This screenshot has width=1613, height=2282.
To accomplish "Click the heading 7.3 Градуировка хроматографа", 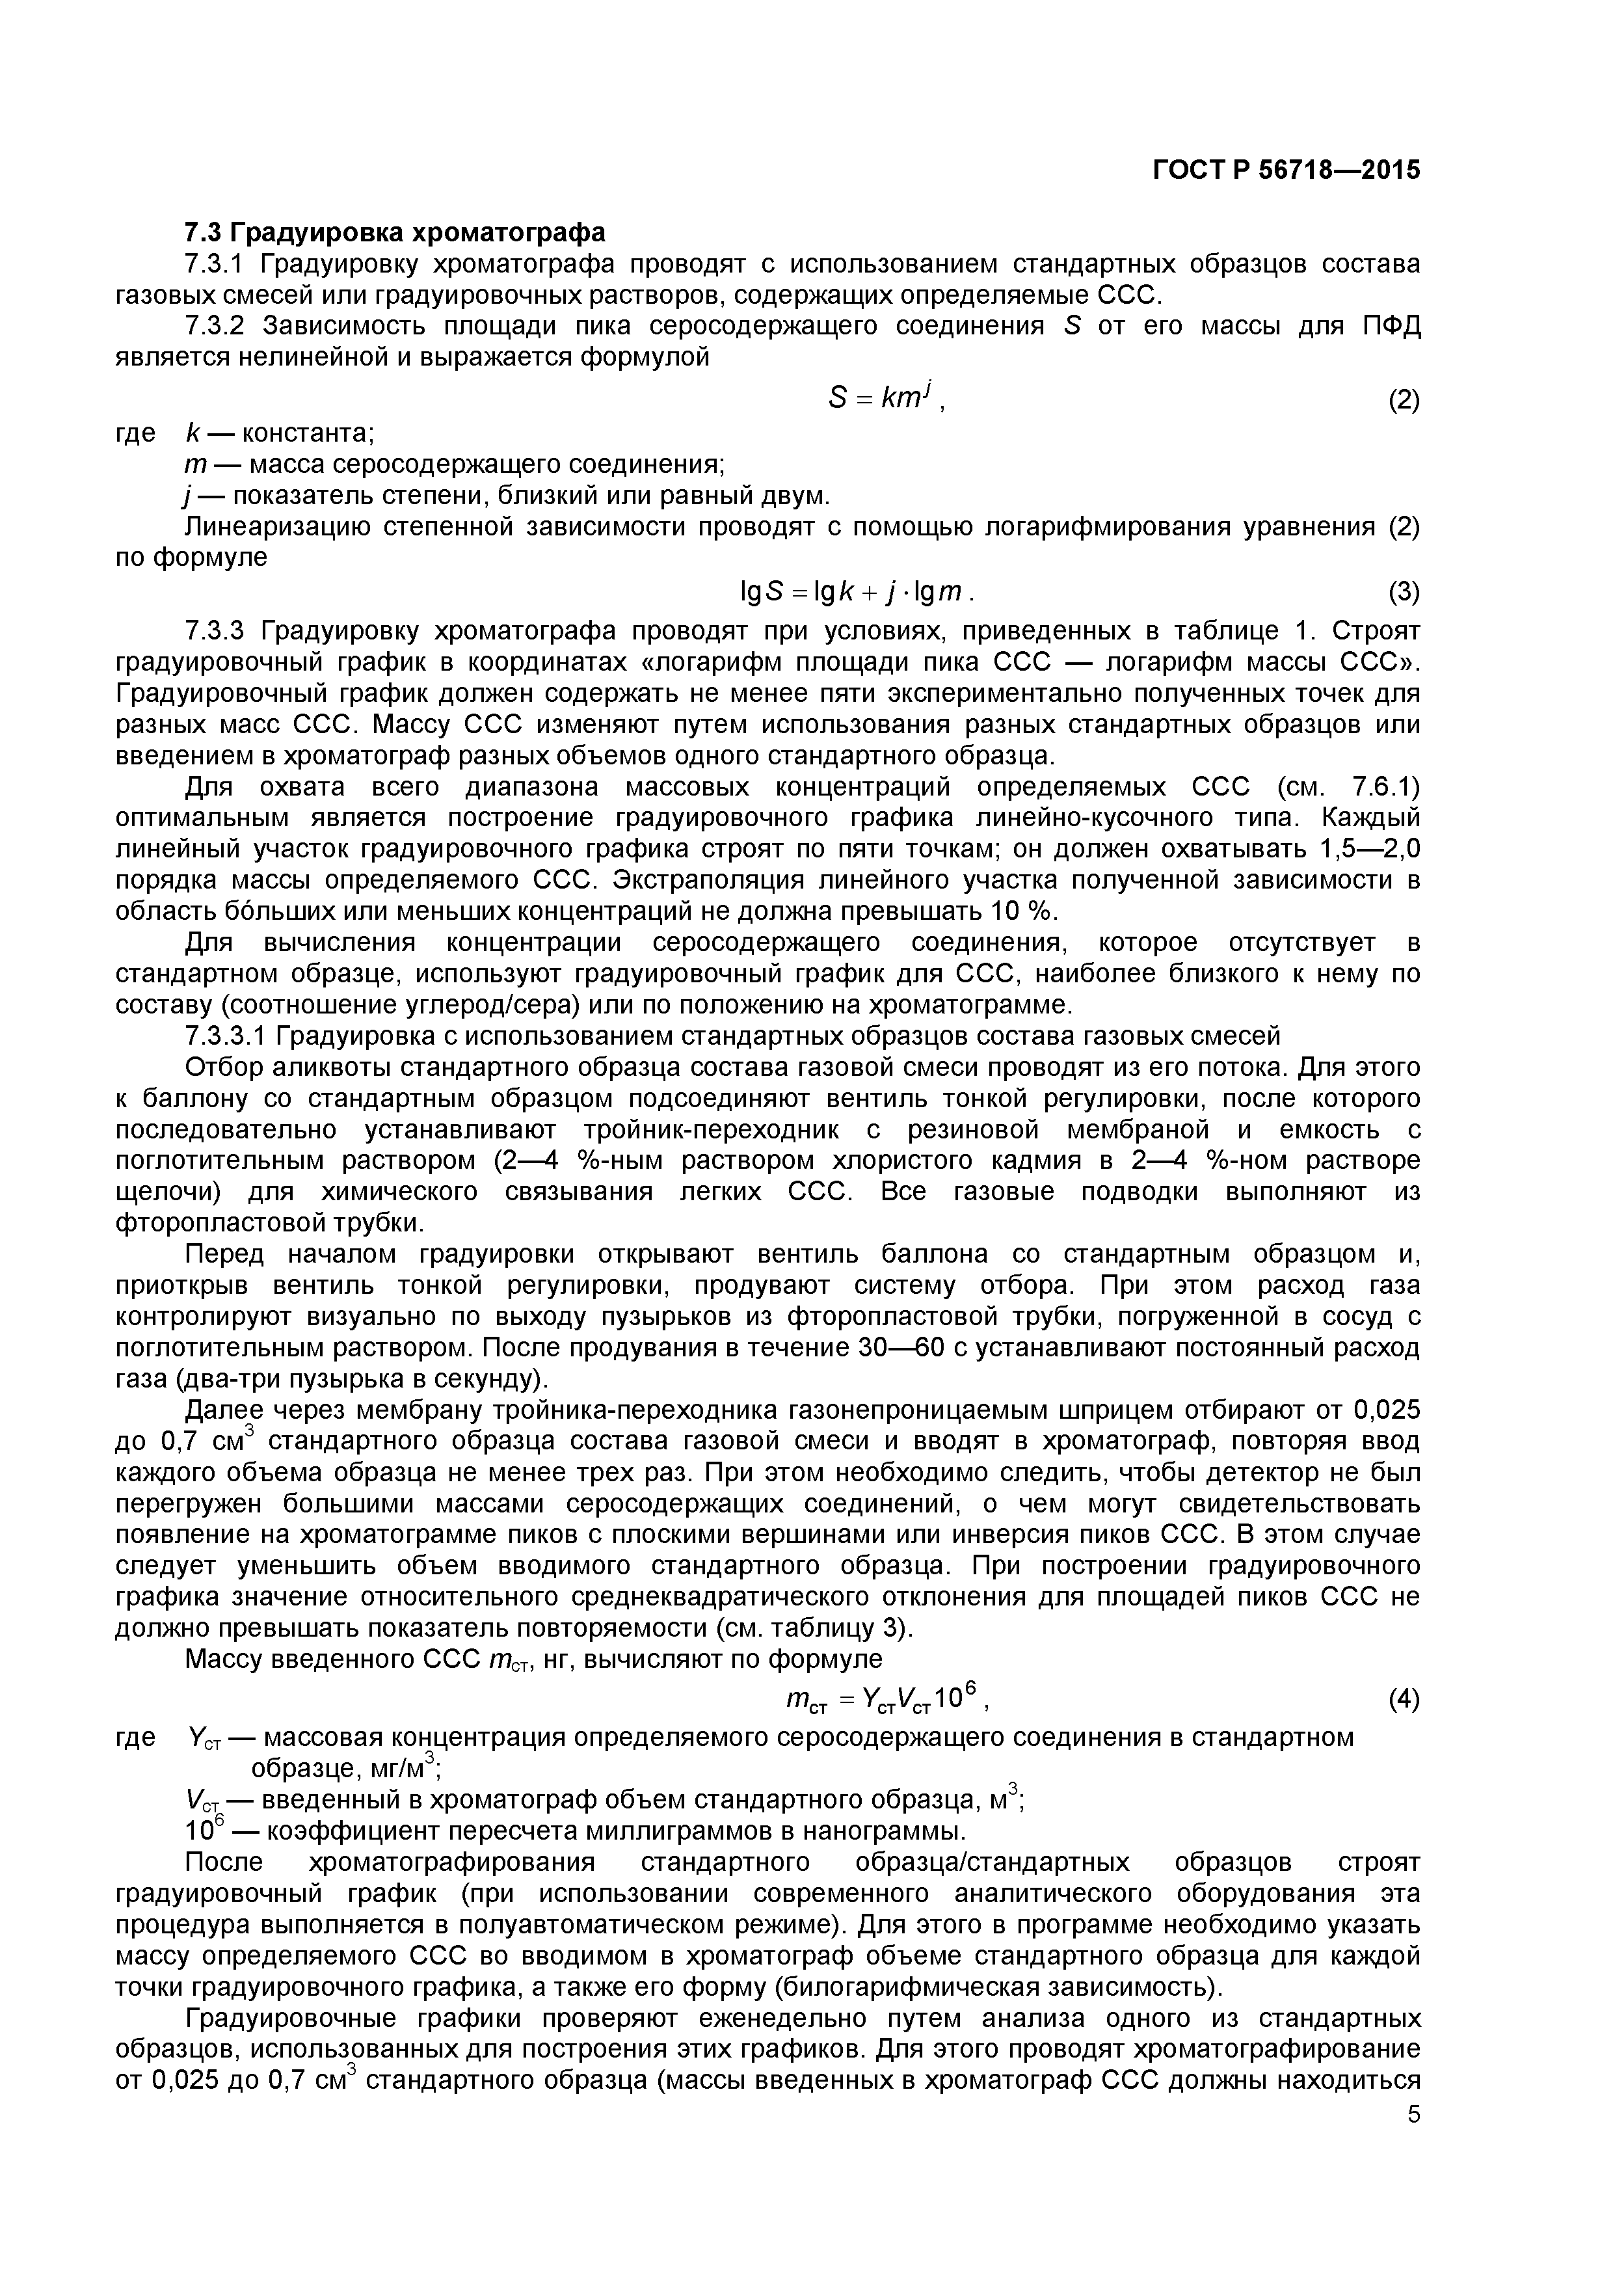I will click(395, 233).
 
